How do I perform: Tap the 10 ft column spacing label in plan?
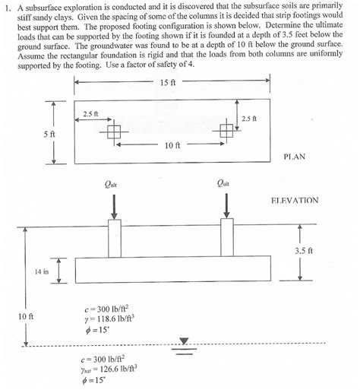tap(172, 144)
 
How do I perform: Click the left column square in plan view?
tap(113, 133)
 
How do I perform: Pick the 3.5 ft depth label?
tap(304, 250)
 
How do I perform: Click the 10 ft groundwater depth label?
tap(25, 315)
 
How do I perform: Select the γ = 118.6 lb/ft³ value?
tap(107, 319)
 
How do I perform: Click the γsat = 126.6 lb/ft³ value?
tap(107, 368)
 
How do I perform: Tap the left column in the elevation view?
tap(115, 238)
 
